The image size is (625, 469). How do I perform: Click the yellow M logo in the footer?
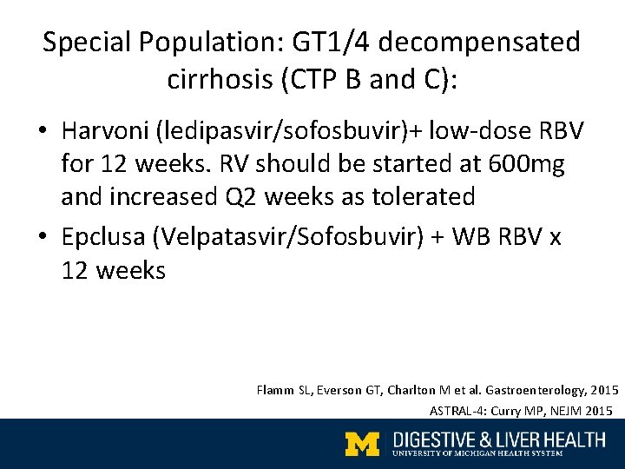(363, 444)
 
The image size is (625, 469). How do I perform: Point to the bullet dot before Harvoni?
(42, 132)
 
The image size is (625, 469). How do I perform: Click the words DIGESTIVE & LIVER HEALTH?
(498, 439)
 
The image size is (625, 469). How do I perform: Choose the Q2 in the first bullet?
(244, 196)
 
